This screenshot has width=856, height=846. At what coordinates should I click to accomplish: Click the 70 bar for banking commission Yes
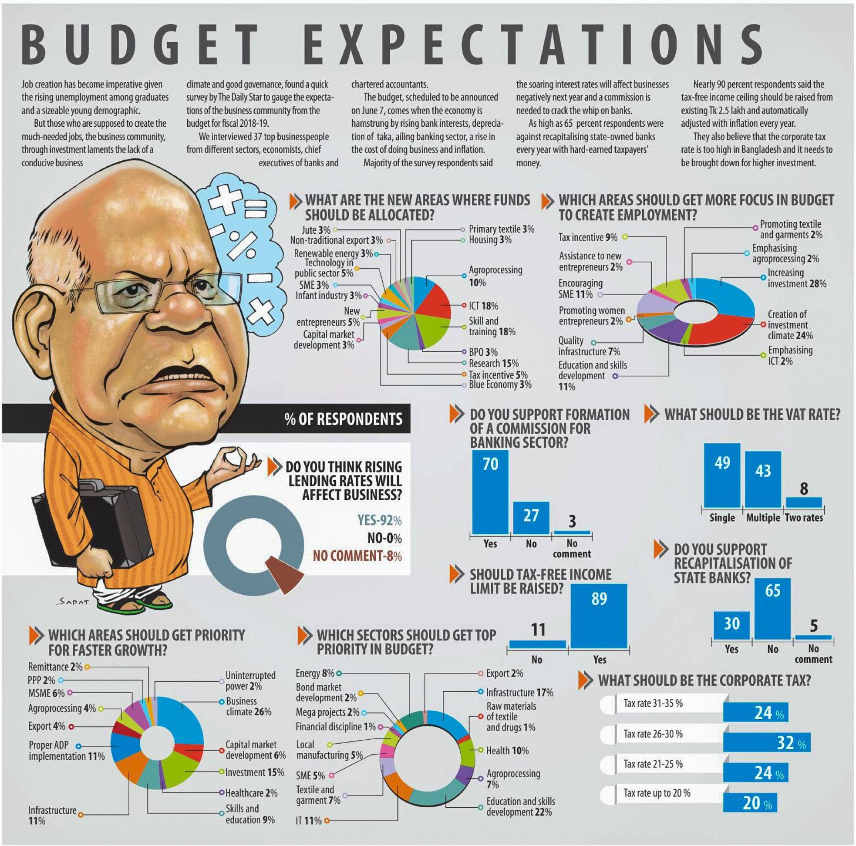[489, 492]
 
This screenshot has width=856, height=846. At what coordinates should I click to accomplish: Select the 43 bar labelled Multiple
[762, 479]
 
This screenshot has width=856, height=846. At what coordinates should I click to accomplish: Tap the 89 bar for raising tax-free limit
[599, 616]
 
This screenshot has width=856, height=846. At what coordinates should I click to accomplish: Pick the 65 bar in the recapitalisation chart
[772, 608]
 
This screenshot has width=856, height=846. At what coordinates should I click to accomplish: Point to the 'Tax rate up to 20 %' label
[657, 793]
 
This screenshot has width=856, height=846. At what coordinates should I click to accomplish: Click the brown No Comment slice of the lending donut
[285, 572]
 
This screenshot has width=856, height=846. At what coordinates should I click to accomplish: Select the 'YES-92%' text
[379, 520]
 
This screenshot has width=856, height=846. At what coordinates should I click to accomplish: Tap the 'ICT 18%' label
[483, 306]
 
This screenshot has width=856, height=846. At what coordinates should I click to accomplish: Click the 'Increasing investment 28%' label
[796, 278]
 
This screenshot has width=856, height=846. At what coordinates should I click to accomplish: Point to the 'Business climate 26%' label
[248, 706]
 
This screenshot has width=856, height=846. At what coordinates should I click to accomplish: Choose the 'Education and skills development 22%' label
[520, 806]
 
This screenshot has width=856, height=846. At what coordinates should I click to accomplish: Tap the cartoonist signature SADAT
[73, 602]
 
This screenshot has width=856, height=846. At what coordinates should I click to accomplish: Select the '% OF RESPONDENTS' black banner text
[344, 419]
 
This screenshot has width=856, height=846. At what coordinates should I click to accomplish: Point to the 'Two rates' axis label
[804, 518]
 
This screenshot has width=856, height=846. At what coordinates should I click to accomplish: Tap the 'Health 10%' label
[507, 750]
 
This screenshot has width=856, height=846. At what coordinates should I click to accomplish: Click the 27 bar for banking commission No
[531, 518]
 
